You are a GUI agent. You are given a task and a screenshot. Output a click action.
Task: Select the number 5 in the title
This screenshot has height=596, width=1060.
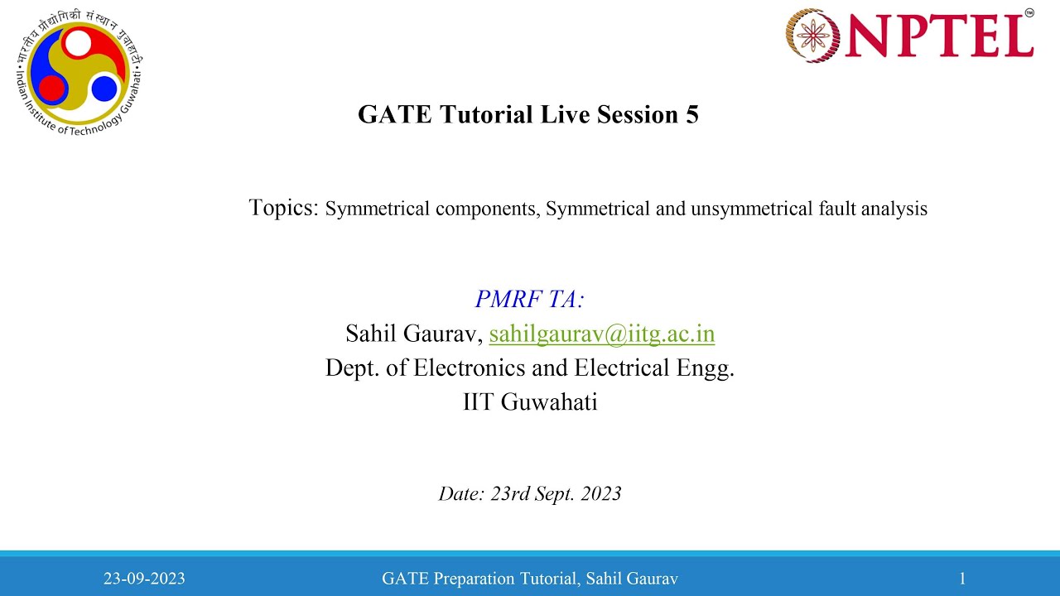(x=691, y=114)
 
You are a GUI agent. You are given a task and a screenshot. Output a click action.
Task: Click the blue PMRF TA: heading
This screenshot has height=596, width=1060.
(x=530, y=299)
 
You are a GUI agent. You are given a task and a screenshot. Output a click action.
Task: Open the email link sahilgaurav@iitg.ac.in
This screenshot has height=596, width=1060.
(x=602, y=334)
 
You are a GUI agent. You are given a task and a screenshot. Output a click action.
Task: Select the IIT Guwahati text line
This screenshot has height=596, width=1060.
(x=530, y=402)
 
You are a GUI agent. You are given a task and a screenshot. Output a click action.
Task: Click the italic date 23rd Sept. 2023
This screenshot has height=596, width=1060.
(x=556, y=494)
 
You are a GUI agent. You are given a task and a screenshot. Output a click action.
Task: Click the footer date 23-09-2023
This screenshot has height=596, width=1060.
(x=144, y=579)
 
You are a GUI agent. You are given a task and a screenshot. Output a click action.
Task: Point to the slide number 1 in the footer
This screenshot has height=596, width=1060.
(x=962, y=579)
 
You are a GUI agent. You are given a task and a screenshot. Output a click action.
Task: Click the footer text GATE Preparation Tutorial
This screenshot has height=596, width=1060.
(x=480, y=579)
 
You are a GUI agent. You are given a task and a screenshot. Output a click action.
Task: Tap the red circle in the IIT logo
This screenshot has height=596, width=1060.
(x=51, y=86)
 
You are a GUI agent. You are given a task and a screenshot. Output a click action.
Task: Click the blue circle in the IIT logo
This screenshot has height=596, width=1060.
(x=104, y=87)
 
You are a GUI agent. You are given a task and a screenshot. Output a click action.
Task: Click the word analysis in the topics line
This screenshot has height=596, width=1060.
(x=894, y=209)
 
